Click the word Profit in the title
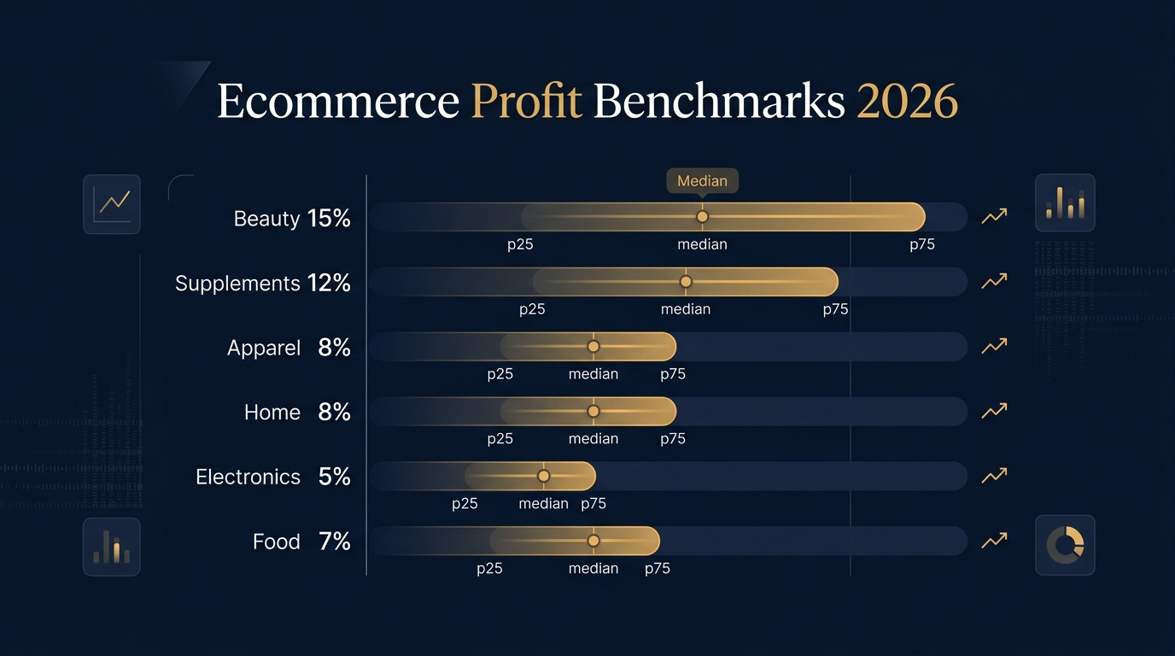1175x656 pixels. coord(526,102)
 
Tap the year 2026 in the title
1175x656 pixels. coord(907,102)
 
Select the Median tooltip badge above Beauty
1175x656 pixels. coord(702,181)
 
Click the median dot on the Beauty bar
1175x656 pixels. coord(702,217)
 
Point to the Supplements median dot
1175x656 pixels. coord(686,282)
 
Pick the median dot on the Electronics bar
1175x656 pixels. coord(544,476)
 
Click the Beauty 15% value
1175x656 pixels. coord(329,219)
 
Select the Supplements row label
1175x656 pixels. coord(237,284)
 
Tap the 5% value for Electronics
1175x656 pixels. coord(334,477)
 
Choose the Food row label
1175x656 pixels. coord(277,542)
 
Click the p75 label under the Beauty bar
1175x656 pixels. coord(921,244)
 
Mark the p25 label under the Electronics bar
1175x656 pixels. coord(465,504)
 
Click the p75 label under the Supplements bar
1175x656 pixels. coord(835,309)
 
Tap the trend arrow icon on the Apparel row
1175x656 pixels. coord(994,346)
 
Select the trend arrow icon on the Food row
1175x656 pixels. coord(994,540)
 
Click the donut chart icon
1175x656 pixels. coord(1065,545)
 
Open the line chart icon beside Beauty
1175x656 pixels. coord(112,204)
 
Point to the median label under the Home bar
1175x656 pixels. coord(593,439)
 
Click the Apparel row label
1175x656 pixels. coord(264,348)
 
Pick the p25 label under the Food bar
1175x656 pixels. coord(489,569)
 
